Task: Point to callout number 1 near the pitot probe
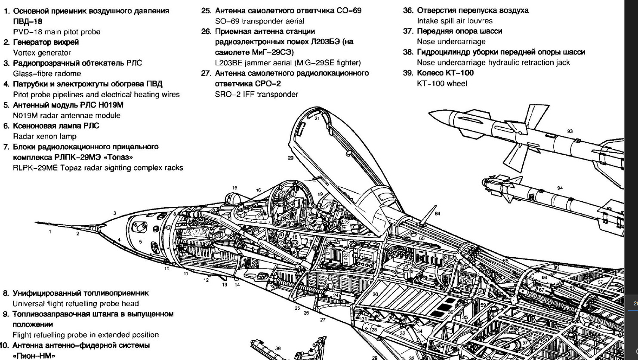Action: pos(50,232)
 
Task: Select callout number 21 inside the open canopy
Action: pos(317,118)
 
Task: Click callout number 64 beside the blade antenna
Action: pos(438,214)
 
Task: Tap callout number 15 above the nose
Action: pos(234,188)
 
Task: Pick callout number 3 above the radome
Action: pos(115,213)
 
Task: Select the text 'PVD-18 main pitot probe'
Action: pos(56,32)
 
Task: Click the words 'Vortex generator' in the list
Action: pos(42,53)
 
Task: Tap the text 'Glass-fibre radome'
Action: pos(47,74)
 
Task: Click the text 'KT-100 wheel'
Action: pos(442,83)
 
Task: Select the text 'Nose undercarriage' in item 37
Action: pos(451,42)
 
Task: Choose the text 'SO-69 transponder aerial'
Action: pos(259,21)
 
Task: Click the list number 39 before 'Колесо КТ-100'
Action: pos(408,73)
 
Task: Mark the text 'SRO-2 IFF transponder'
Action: pos(256,94)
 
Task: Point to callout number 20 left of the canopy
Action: pos(290,158)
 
